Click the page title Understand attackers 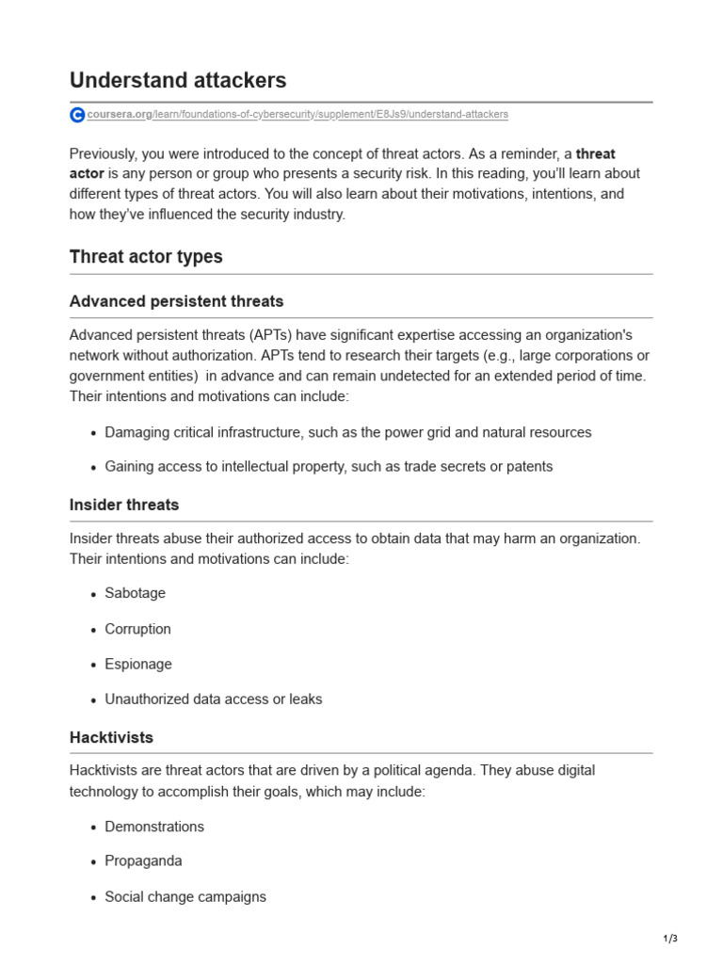[178, 80]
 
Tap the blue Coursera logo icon [77, 115]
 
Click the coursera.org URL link [297, 115]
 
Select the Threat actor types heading [146, 256]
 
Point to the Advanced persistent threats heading [176, 301]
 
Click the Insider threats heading [124, 505]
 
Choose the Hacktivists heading [111, 737]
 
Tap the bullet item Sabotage [135, 593]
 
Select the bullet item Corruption [137, 629]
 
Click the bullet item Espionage [138, 664]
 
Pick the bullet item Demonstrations [154, 827]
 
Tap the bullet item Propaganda [143, 860]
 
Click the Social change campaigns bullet [185, 897]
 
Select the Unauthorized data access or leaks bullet [213, 699]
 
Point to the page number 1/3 [669, 939]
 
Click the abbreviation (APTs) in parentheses [277, 334]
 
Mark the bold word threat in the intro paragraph [595, 153]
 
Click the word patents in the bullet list [529, 466]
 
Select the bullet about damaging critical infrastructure [348, 432]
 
